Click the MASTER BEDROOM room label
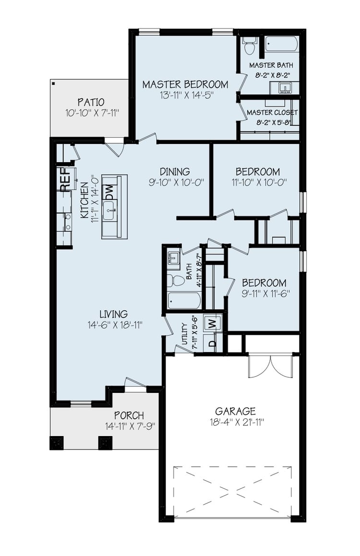185,84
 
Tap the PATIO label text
91,102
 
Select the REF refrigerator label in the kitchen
65,178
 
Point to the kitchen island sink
109,210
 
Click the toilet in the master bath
249,47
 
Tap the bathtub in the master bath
282,45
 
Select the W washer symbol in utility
212,324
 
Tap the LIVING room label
113,314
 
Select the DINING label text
175,171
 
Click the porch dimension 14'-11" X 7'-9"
130,426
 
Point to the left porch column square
57,442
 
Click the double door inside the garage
270,367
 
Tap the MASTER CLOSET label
272,112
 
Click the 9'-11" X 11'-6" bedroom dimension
264,294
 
